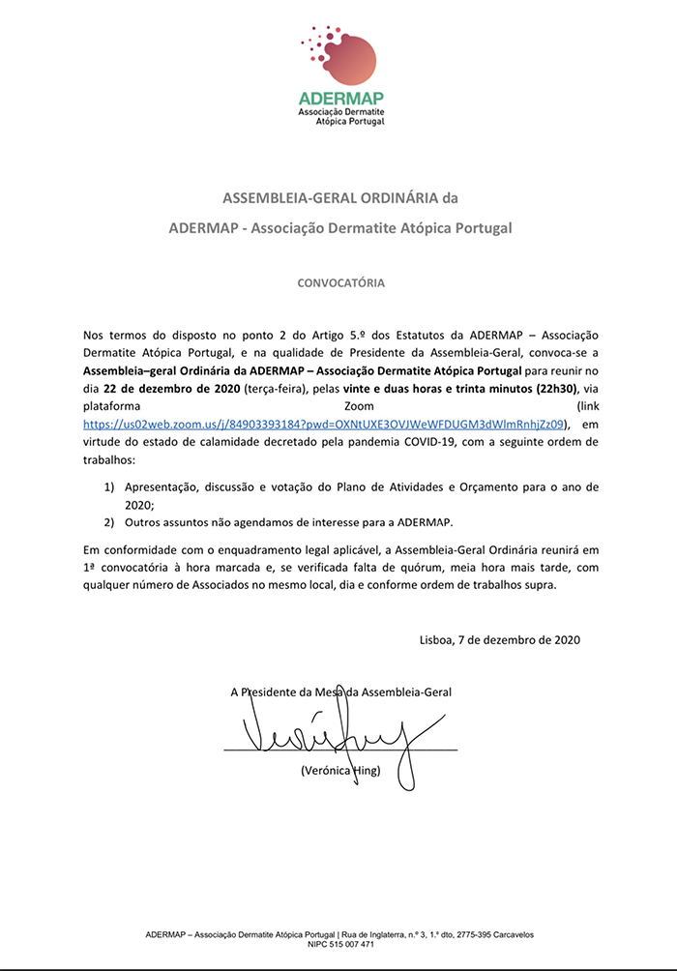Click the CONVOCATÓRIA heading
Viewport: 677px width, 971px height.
pyautogui.click(x=338, y=283)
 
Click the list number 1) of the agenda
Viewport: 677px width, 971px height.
pyautogui.click(x=109, y=485)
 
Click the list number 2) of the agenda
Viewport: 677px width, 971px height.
pyautogui.click(x=109, y=522)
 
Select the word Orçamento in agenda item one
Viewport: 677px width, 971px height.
pyautogui.click(x=488, y=485)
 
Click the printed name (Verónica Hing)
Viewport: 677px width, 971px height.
pyautogui.click(x=341, y=771)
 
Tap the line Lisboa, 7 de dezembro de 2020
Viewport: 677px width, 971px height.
pyautogui.click(x=500, y=639)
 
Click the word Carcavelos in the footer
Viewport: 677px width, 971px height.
pyautogui.click(x=509, y=934)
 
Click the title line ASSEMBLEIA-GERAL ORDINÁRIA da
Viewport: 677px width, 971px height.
pyautogui.click(x=338, y=199)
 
